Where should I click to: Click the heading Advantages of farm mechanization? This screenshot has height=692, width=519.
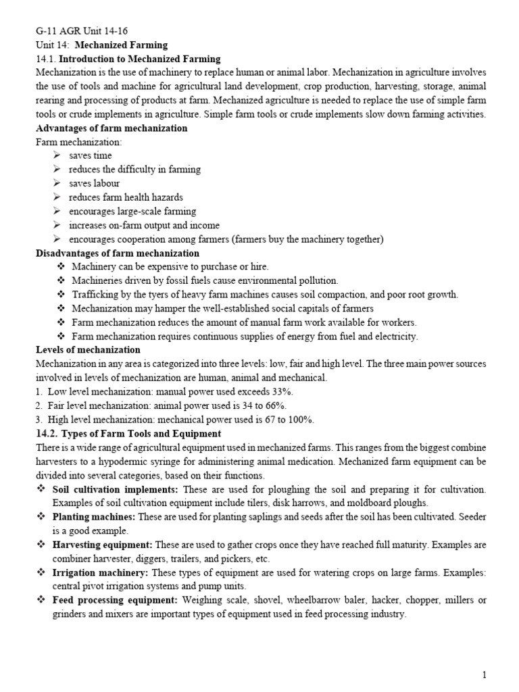coord(112,128)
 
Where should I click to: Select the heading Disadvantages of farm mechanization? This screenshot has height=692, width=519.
coord(117,253)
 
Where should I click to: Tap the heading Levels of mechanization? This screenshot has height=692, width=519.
coord(88,349)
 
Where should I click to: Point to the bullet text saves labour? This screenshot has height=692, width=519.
coord(94,183)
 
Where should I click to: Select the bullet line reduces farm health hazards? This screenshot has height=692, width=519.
coord(126,197)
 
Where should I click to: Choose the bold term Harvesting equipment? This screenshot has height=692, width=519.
coord(102,544)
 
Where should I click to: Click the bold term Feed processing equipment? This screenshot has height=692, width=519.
coord(115,599)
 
